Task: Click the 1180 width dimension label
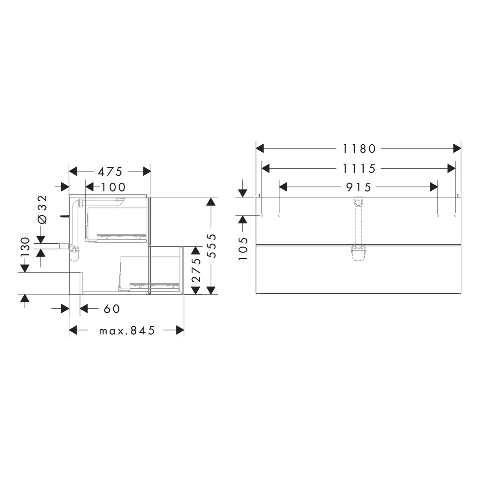click(359, 148)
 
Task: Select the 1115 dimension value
click(359, 169)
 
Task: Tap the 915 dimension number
click(359, 187)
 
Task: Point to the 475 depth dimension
click(110, 172)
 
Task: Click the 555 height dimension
click(211, 246)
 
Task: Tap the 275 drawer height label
click(196, 270)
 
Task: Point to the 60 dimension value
click(112, 309)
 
